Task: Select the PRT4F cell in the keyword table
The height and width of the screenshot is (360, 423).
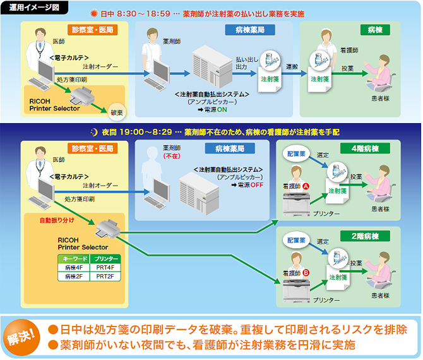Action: point(102,268)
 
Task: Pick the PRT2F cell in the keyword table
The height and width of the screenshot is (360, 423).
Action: point(102,277)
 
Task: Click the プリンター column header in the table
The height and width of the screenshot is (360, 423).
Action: point(102,259)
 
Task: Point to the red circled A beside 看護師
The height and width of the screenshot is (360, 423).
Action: point(306,187)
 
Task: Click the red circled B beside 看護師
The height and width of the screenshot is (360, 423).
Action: point(306,273)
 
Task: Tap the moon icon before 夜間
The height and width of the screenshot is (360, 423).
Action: point(94,133)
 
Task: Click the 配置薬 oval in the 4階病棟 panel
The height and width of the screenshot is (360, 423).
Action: point(296,153)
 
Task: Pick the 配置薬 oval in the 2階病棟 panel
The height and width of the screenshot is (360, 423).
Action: point(296,240)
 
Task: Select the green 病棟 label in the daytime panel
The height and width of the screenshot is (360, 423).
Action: point(375,30)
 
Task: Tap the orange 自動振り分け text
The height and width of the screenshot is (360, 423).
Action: point(55,221)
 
